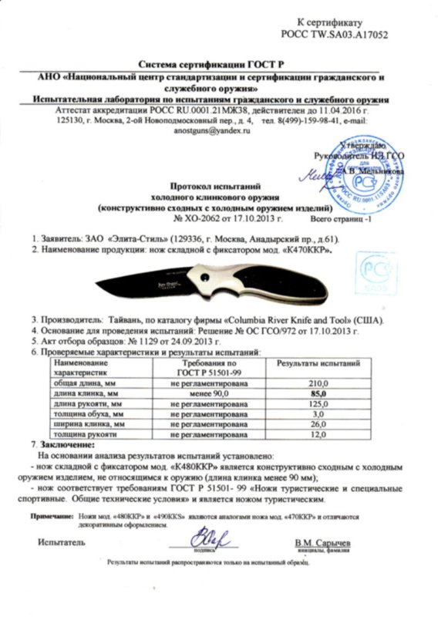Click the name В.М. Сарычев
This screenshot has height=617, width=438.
pyautogui.click(x=321, y=543)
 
